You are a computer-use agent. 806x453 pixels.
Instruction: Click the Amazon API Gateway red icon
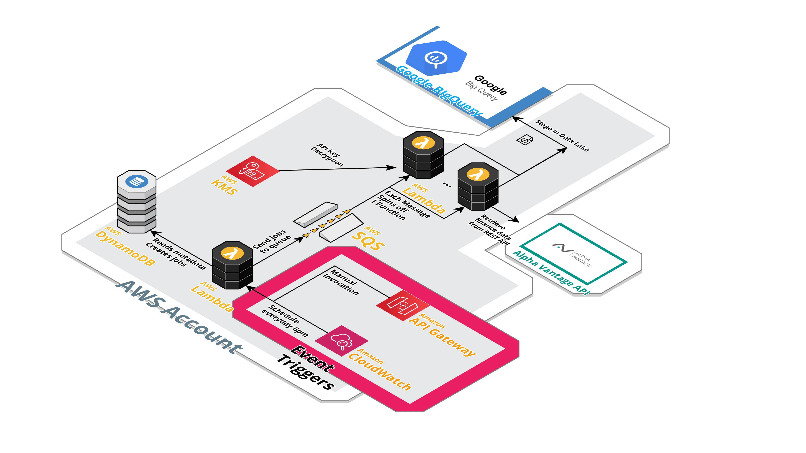tap(403, 305)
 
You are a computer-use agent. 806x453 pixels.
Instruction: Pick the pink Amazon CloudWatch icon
tap(341, 341)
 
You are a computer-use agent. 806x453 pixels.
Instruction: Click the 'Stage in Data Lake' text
tap(562, 135)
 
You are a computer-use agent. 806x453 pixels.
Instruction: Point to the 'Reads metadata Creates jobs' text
tap(176, 253)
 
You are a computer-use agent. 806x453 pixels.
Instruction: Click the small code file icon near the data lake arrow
tap(525, 139)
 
